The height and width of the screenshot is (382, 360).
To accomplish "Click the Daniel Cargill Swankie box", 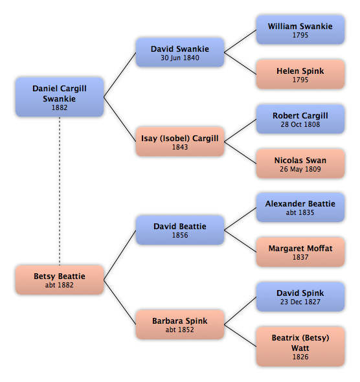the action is point(60,97).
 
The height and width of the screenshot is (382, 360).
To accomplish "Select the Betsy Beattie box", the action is point(60,280).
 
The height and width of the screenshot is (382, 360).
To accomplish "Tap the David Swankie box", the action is point(180,52).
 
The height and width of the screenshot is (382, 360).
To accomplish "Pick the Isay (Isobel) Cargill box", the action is point(180,142).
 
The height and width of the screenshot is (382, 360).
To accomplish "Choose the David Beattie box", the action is point(180,230).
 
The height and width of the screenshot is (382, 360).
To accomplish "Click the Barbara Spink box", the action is point(180,325).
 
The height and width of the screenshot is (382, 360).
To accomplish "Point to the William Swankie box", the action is point(300,30).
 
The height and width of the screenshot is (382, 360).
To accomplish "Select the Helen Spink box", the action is point(300,74).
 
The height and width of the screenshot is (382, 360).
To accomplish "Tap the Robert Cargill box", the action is point(300,119).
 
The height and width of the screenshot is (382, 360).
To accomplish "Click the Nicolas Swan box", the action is point(300,164).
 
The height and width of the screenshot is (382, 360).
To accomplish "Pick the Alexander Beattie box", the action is point(300,208).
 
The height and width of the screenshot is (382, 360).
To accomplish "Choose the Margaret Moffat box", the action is point(300,252).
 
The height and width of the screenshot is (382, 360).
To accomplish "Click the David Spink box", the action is point(300,297).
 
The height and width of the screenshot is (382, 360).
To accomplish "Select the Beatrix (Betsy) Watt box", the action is point(300,346).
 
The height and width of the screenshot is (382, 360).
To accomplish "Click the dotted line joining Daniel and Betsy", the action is point(60,191).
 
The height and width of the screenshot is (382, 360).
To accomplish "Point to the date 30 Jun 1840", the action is point(180,58).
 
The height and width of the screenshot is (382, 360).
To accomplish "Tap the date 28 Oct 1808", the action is point(300,124).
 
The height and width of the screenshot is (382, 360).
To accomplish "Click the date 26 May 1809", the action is point(300,169).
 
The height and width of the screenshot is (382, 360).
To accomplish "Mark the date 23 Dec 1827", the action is point(300,302).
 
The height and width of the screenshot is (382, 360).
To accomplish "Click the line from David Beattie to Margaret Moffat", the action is point(240,242).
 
